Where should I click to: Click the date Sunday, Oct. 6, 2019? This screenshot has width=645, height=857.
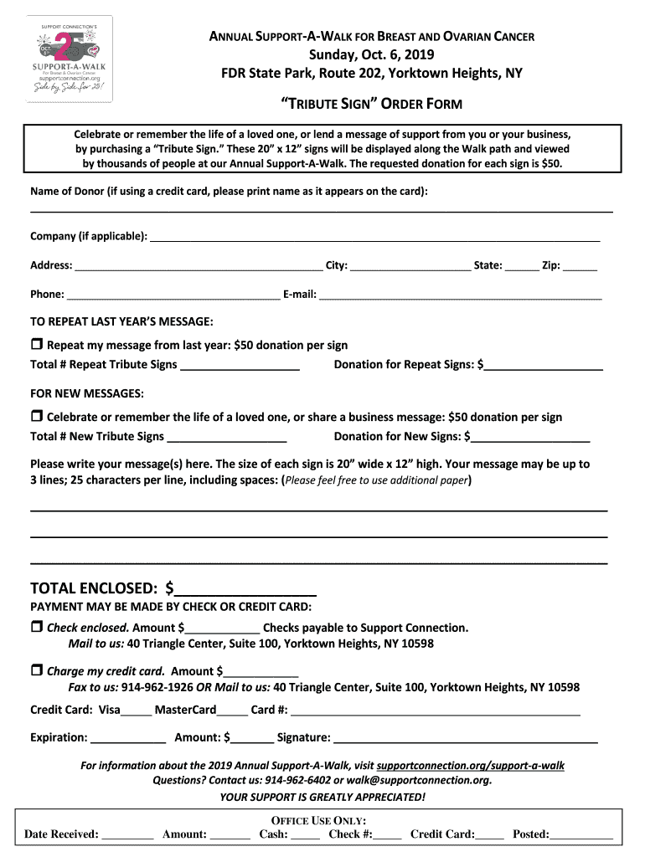(x=371, y=55)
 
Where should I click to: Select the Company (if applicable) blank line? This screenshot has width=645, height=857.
(x=374, y=237)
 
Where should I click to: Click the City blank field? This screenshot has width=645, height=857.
(x=410, y=266)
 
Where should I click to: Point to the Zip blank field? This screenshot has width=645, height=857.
(x=580, y=266)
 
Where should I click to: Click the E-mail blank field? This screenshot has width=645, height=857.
(x=461, y=295)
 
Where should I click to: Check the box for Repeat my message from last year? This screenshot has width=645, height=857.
(x=36, y=344)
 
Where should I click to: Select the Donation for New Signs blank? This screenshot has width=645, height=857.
(x=531, y=437)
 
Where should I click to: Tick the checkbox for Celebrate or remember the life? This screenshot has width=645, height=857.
(x=36, y=416)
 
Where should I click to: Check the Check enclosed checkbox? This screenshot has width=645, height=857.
(x=36, y=627)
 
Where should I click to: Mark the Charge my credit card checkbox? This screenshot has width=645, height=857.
(x=36, y=670)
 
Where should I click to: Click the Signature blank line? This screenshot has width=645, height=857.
(x=466, y=738)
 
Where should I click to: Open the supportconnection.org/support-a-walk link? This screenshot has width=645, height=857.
(x=471, y=765)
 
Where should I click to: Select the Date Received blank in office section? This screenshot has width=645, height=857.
(x=128, y=834)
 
